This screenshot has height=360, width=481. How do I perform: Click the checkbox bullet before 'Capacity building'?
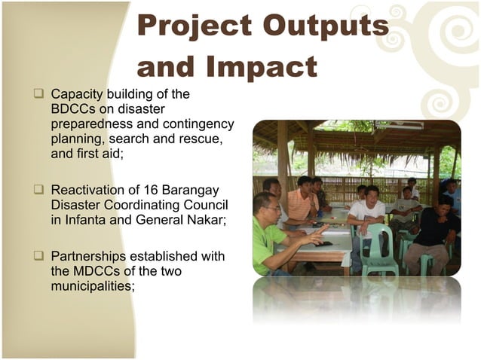(x=38, y=95)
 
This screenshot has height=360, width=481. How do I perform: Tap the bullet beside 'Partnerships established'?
(x=38, y=256)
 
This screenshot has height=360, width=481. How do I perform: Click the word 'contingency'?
(x=196, y=124)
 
